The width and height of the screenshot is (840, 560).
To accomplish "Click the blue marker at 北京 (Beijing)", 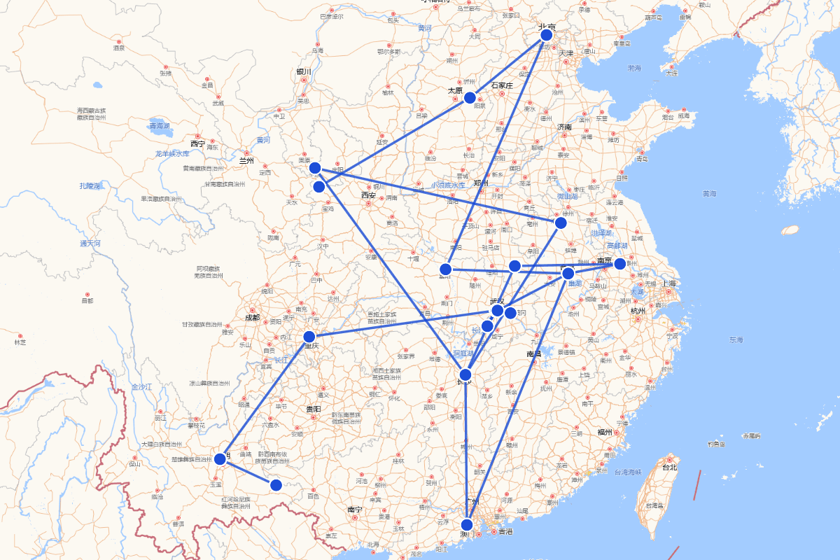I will [x=546, y=35].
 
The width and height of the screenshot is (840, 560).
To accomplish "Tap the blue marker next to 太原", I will [x=470, y=97].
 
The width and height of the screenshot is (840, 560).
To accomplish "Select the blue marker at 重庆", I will [x=309, y=337].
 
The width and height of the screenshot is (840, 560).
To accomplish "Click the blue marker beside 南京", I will [x=619, y=263].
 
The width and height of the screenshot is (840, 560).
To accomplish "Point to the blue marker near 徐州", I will [x=560, y=223].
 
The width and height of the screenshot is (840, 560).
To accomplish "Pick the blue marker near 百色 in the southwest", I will [x=276, y=484].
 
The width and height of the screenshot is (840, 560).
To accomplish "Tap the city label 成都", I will [x=252, y=317].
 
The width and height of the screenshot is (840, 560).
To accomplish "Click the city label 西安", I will [x=368, y=195].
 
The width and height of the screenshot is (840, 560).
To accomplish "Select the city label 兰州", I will [x=246, y=160].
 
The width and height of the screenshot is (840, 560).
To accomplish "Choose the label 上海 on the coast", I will [x=668, y=283].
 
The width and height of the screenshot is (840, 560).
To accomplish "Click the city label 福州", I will [x=605, y=432].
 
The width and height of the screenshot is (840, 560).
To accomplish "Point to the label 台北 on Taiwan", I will [x=669, y=467].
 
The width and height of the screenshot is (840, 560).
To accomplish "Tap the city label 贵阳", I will [x=313, y=408].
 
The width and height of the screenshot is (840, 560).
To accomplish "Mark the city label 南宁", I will [x=354, y=509].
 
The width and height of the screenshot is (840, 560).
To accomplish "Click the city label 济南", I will [x=564, y=127].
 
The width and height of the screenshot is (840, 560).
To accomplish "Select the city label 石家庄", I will [x=502, y=85].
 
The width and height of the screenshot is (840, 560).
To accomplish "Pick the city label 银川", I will [x=303, y=71].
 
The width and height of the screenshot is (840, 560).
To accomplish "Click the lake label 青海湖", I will [x=159, y=126].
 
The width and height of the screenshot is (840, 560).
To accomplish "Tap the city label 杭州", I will [x=637, y=310].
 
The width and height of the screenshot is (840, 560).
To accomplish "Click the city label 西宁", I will [x=198, y=143].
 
